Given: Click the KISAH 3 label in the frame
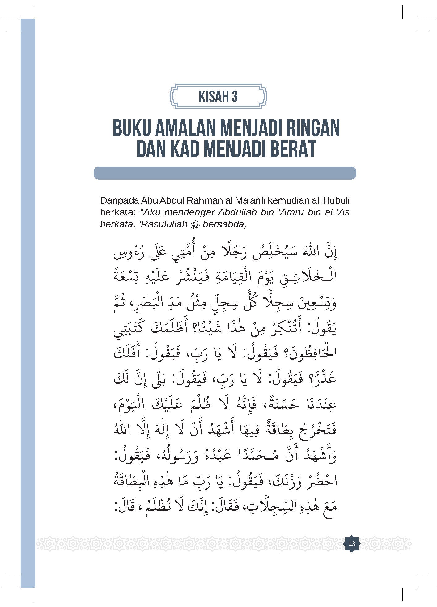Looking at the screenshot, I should coord(218,96).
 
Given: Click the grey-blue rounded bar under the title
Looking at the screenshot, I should coord(225,173).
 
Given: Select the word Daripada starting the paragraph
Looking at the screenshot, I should coord(119,200).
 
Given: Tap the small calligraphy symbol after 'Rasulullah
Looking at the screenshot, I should coord(195,225).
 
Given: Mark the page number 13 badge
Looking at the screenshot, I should coord(352,543).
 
